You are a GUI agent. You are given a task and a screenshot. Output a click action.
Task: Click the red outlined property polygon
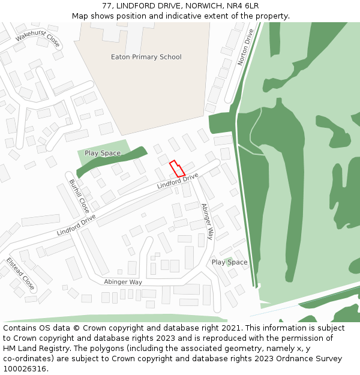tap(177, 169)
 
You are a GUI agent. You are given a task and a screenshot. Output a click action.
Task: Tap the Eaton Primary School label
tap(146, 57)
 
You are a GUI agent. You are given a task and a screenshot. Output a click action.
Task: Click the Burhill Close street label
tap(79, 196)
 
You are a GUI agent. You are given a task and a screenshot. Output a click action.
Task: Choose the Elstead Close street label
tap(20, 274)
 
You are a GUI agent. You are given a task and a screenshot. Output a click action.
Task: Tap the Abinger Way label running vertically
tap(207, 221)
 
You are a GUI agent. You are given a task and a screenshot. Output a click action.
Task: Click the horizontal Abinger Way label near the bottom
tap(123, 281)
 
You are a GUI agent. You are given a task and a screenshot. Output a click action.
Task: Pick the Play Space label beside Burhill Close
tap(103, 153)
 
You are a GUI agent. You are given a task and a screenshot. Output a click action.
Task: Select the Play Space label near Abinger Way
tap(229, 262)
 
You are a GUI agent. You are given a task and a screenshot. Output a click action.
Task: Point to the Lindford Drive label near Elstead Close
tap(76, 224)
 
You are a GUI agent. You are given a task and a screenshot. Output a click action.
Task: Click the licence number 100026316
tap(25, 368)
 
